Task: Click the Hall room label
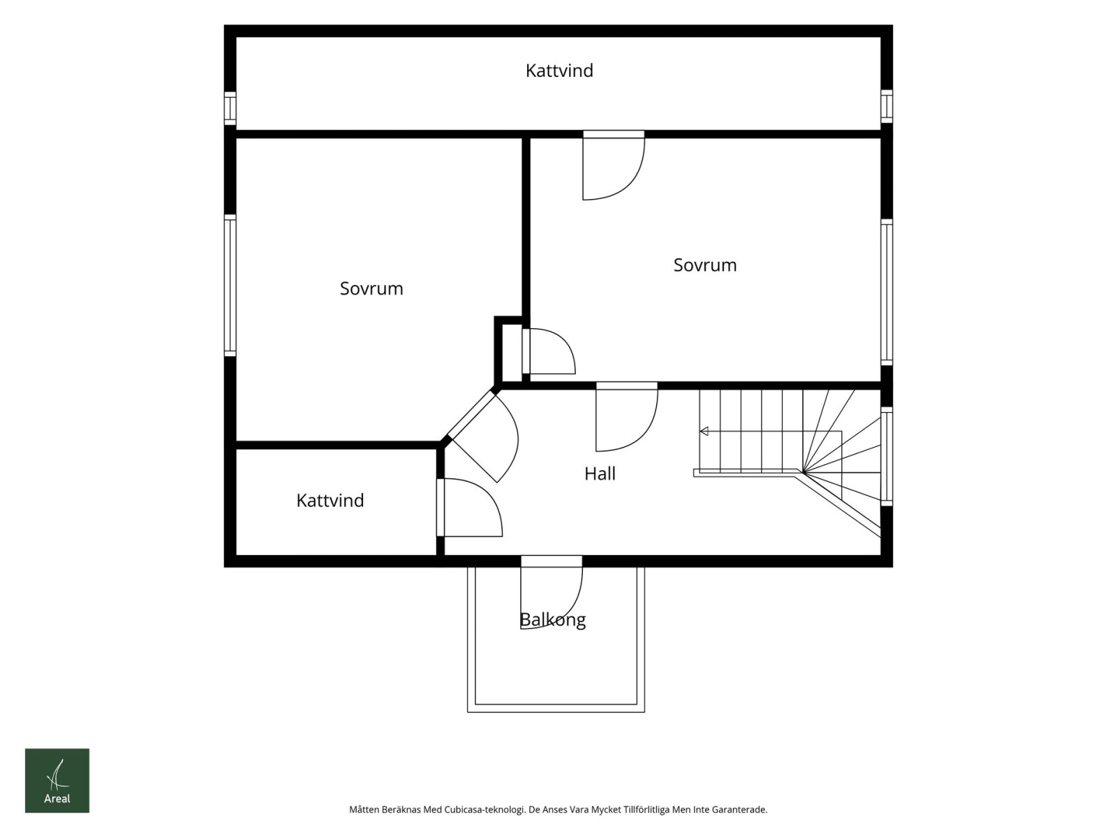(600, 473)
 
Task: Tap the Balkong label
(553, 620)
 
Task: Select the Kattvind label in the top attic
(559, 71)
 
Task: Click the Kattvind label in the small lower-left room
(330, 500)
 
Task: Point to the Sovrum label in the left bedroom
(371, 288)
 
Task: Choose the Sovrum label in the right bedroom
(705, 265)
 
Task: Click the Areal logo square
(57, 781)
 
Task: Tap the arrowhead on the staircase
(704, 432)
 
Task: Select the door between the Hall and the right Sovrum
(627, 416)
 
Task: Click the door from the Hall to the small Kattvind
(469, 508)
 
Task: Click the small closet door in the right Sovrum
(549, 351)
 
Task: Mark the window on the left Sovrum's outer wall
(230, 285)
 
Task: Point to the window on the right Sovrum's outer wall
(887, 292)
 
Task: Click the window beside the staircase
(887, 457)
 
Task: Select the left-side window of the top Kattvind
(230, 108)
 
